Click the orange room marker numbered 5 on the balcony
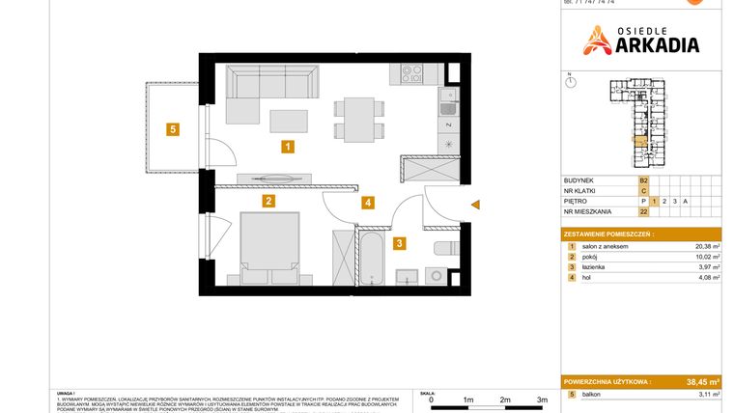tap(172, 129)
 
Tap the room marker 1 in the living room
tap(288, 147)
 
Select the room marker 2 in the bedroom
tap(268, 202)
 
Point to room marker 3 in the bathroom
tap(398, 244)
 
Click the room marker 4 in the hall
tap(368, 203)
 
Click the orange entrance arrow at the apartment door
tap(473, 204)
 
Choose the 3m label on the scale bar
tap(541, 399)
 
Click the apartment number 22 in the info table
tap(643, 212)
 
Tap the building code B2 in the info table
tap(643, 179)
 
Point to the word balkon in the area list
tap(592, 396)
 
